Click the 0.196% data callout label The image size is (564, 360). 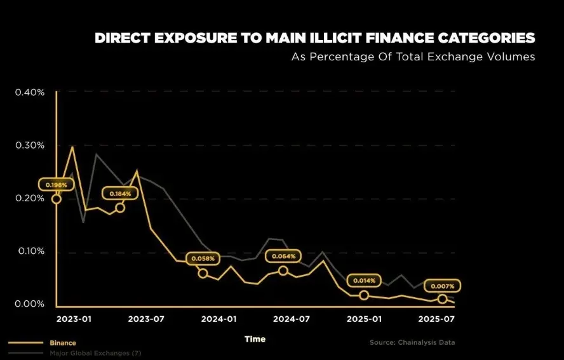(57, 185)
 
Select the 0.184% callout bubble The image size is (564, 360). (120, 194)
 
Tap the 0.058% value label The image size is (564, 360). (203, 259)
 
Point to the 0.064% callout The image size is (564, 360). (283, 257)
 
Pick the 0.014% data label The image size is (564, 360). (364, 280)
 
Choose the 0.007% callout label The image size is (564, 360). (442, 286)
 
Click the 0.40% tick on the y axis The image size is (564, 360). (30, 92)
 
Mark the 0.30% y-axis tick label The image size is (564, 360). (30, 145)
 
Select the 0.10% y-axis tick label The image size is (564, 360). (30, 251)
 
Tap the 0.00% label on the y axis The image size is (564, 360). (30, 304)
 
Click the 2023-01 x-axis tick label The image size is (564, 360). (74, 319)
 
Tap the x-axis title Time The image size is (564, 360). (255, 340)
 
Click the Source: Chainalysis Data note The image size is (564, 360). (412, 343)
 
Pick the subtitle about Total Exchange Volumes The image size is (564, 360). (413, 57)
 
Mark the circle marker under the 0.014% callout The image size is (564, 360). (364, 295)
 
